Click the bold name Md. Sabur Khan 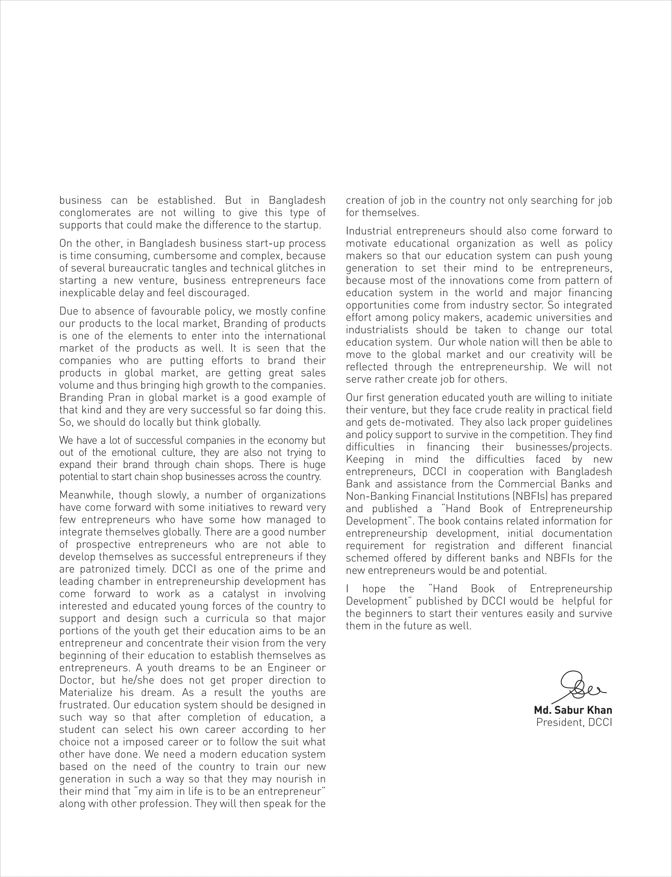click(x=573, y=710)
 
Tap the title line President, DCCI click(x=574, y=722)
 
